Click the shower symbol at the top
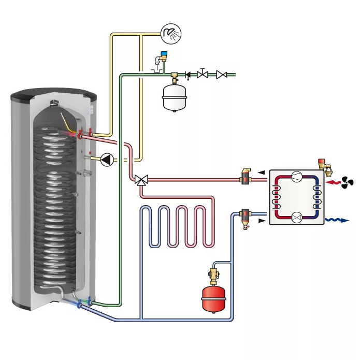170,34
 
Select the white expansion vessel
174,97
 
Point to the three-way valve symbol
140,180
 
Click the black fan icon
347,182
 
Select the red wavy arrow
332,182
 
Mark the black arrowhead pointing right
261,222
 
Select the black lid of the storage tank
54,95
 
